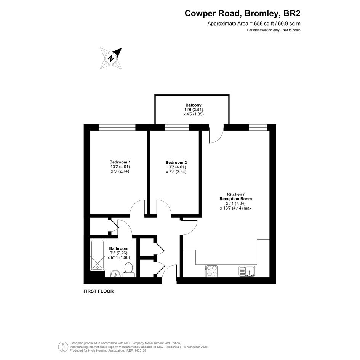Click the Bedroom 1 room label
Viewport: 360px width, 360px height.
[120, 162]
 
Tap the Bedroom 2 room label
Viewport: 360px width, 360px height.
[176, 163]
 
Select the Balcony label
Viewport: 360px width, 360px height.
[194, 105]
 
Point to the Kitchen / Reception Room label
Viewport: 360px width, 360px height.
[235, 197]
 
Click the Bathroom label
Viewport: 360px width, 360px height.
[119, 248]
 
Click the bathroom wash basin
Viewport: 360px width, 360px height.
[116, 274]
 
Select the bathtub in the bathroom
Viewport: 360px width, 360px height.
[98, 255]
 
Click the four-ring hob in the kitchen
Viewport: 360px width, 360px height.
[212, 271]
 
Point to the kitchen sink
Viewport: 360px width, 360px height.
[247, 271]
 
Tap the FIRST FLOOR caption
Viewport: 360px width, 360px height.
[99, 291]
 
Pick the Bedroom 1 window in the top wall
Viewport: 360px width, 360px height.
[117, 127]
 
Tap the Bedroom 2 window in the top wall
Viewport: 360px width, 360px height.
[177, 127]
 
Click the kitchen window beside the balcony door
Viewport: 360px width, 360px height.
[258, 127]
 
